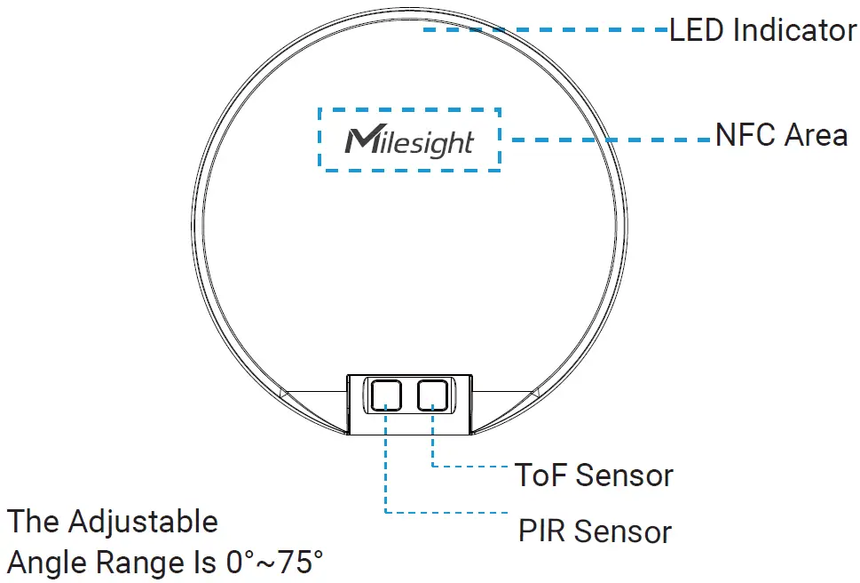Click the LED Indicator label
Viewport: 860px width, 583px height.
[762, 30]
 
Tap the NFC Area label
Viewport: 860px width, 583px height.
[781, 136]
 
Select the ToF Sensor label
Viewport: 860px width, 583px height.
[595, 475]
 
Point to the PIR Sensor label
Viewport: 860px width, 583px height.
[595, 531]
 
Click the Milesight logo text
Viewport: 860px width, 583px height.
[410, 141]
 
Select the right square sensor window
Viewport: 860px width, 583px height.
[434, 394]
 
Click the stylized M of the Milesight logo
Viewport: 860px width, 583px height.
[360, 140]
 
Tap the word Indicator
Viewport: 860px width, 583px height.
[795, 30]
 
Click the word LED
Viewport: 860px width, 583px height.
[698, 30]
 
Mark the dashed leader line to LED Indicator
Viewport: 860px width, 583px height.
[545, 29]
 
